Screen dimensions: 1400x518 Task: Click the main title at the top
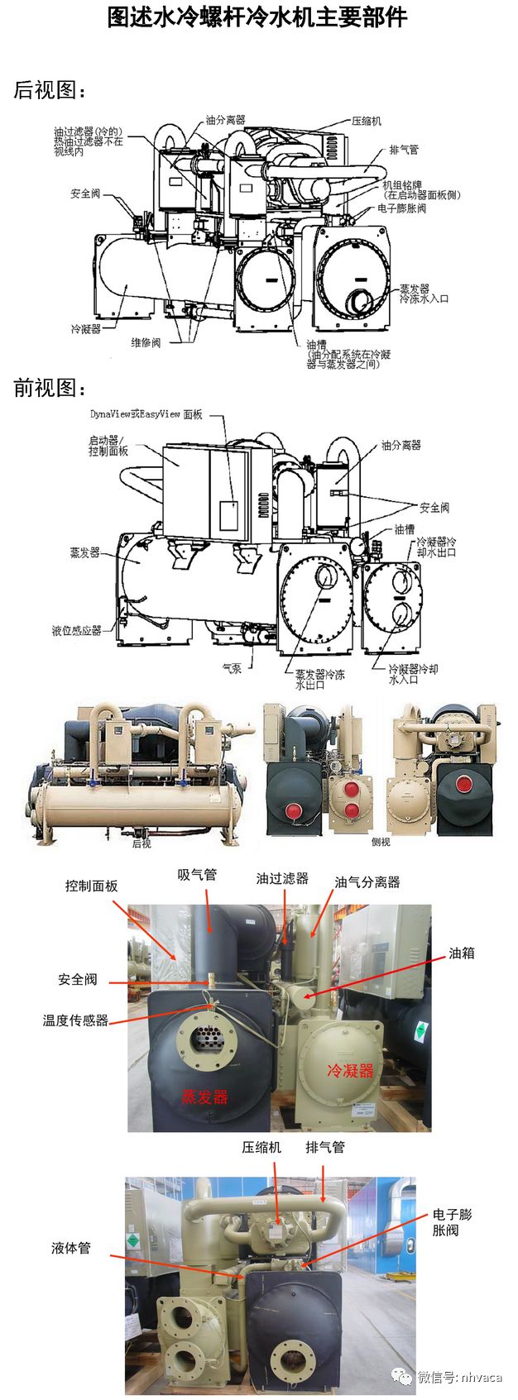pos(257,17)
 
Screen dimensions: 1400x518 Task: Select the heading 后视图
pos(50,90)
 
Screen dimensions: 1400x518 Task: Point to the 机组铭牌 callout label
pos(421,190)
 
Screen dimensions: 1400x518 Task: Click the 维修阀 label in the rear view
pos(146,342)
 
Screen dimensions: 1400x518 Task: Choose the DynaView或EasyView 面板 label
pos(146,414)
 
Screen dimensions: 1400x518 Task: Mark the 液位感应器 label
pos(76,630)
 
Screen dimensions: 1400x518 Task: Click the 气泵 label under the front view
pos(232,668)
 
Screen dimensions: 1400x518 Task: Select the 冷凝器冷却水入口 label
pos(413,674)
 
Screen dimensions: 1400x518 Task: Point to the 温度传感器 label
pos(75,1020)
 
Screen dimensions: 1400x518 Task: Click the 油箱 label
pos(462,953)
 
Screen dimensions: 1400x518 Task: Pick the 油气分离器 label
pos(367,882)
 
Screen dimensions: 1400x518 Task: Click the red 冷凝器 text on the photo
pos(351,1071)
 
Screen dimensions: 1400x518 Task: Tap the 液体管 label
pos(71,1248)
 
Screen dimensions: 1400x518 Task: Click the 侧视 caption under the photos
pos(381,842)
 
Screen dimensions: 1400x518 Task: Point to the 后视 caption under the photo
pos(141,843)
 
